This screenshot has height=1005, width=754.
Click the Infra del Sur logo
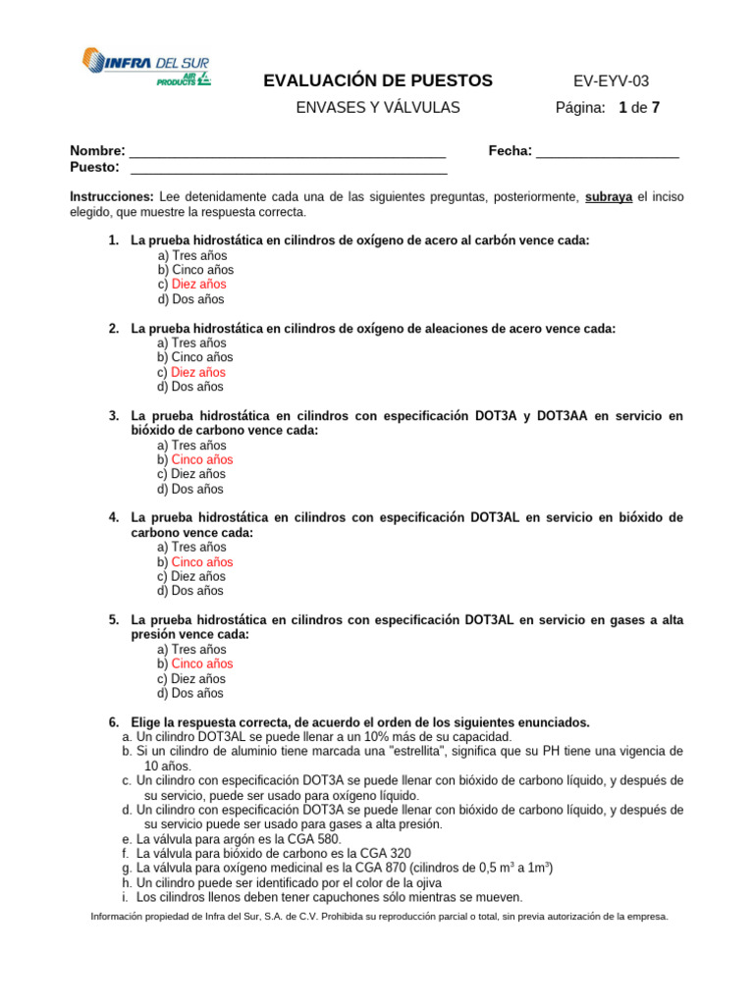coord(145,67)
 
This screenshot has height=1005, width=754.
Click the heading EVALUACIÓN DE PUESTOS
coord(378,81)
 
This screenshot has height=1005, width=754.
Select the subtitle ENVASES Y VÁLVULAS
coord(378,108)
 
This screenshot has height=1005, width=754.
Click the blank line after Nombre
coord(288,152)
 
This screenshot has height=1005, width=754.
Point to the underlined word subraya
coord(609,196)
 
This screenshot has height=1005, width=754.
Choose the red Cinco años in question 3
coord(202,460)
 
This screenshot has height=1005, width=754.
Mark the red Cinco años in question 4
coord(202,562)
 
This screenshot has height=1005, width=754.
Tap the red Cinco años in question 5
coord(202,664)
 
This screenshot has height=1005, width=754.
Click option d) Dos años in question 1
coord(190,299)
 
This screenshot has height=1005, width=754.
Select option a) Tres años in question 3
coord(191,446)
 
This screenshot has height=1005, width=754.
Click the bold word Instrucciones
coord(112,196)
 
